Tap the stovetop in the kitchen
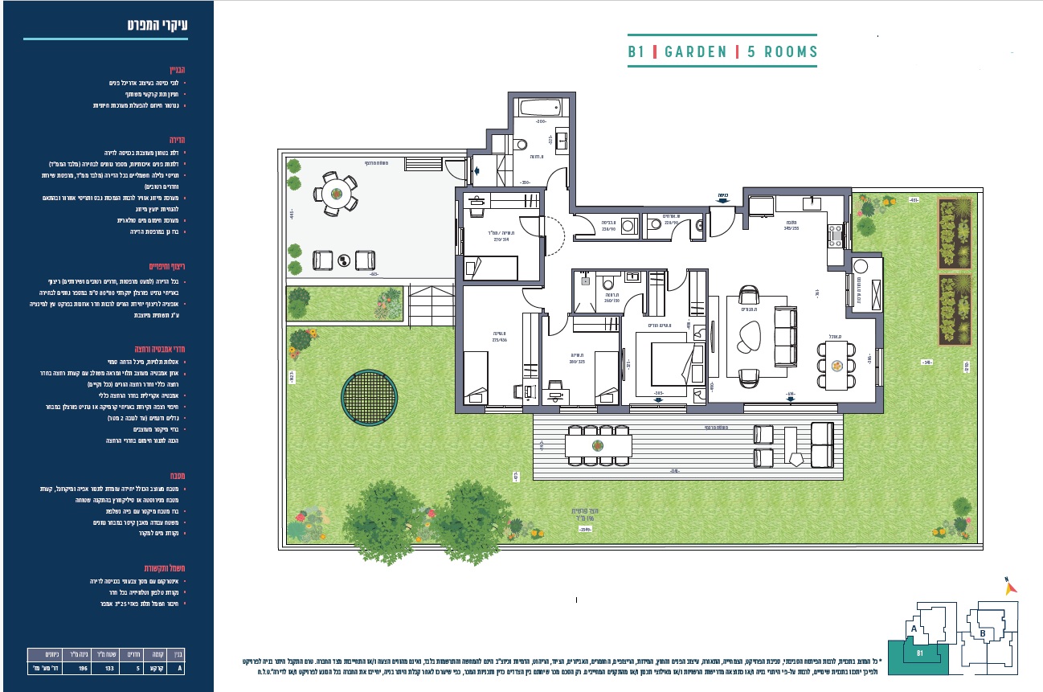point(835,234)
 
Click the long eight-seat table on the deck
point(596,444)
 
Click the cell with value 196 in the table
point(80,666)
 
